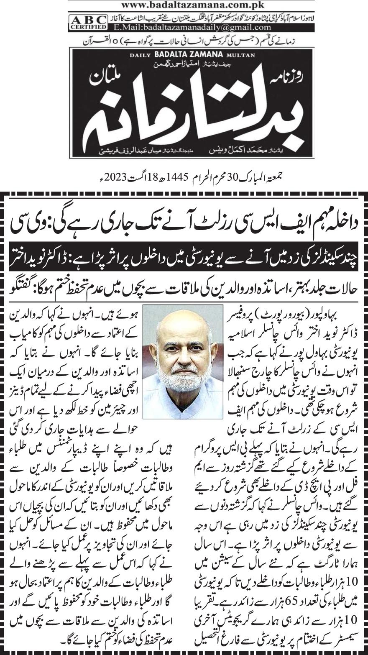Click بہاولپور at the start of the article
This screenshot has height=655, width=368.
point(341,312)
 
